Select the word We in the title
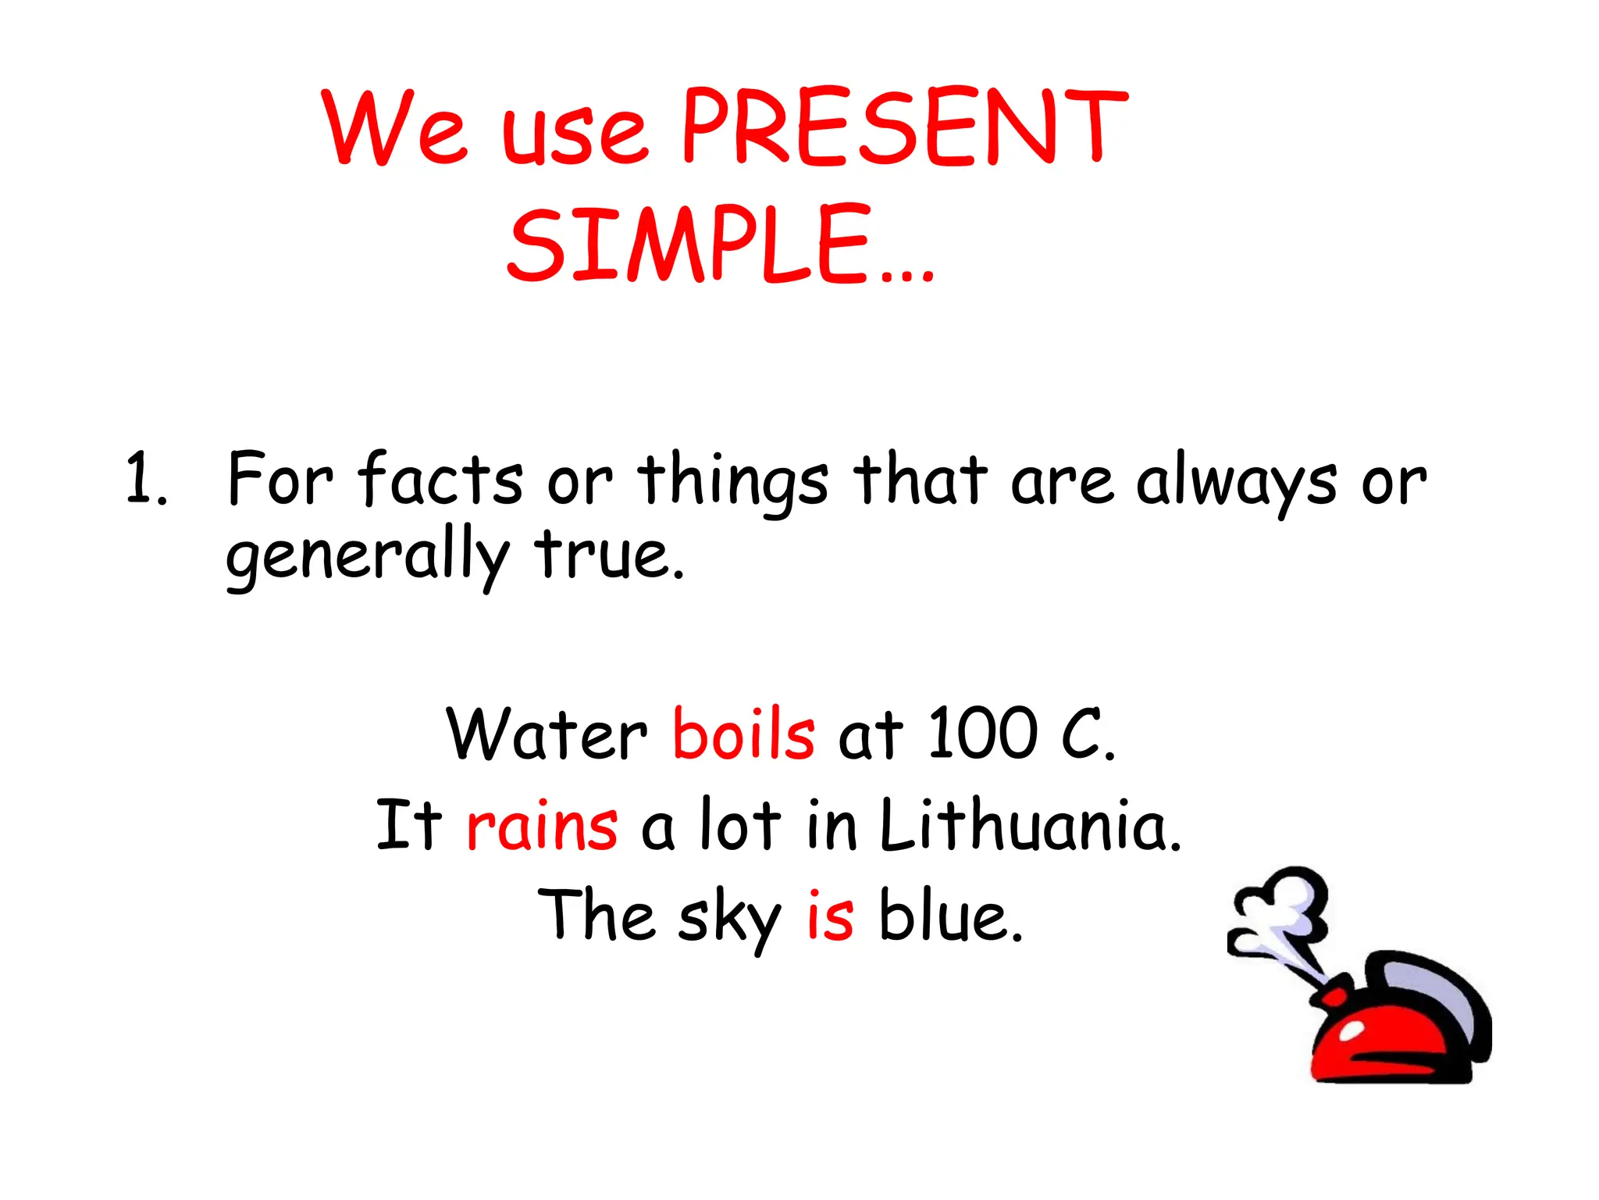[394, 129]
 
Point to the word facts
[440, 478]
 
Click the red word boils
[743, 734]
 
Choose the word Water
[547, 734]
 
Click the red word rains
[542, 826]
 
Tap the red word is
[830, 916]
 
